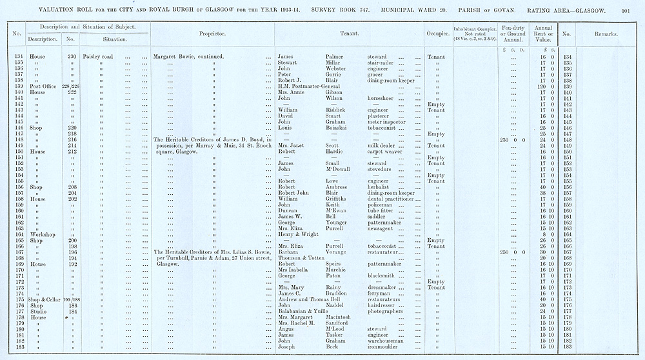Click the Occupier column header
coord(437,34)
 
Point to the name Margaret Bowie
coord(173,57)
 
